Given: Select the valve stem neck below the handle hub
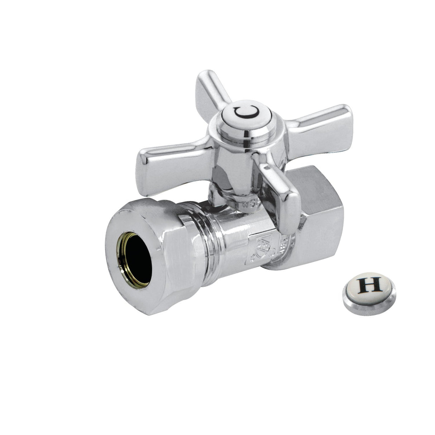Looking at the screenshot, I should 229,193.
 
